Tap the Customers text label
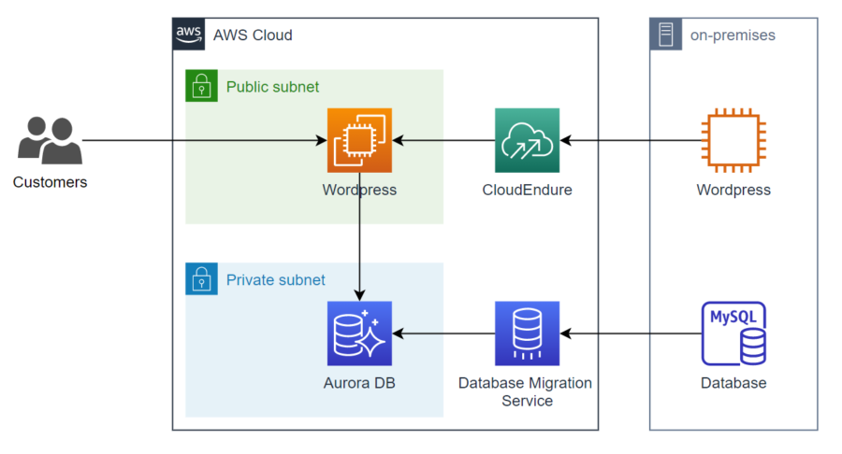click(50, 182)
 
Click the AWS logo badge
click(189, 35)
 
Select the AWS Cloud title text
click(253, 35)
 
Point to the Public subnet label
click(272, 87)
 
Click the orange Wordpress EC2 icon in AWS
click(359, 141)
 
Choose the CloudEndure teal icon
click(527, 141)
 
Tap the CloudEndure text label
click(527, 191)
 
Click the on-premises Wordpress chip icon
click(733, 141)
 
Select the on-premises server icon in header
click(666, 35)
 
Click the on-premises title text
click(733, 35)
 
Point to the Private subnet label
click(275, 279)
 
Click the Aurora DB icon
click(359, 333)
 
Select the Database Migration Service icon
click(527, 333)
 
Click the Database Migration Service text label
click(525, 391)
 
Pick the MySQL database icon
click(733, 333)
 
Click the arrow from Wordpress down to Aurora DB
click(359, 238)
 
